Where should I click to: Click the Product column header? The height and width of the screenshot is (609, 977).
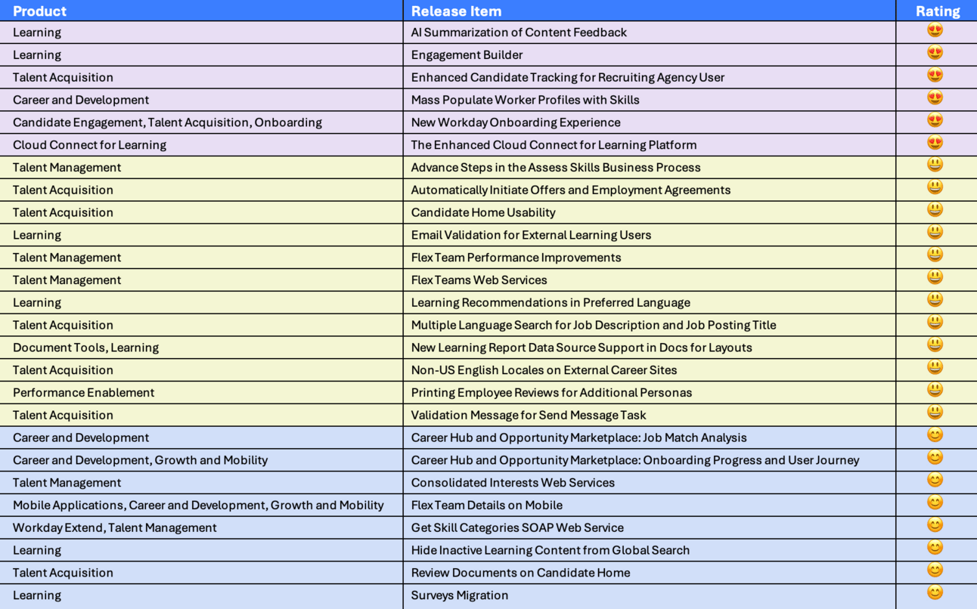pyautogui.click(x=40, y=11)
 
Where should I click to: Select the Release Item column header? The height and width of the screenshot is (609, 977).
pyautogui.click(x=456, y=11)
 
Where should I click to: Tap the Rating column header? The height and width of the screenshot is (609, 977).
pyautogui.click(x=937, y=11)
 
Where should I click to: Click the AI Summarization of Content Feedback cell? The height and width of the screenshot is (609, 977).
pyautogui.click(x=519, y=32)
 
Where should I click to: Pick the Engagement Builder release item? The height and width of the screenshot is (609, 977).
pyautogui.click(x=467, y=55)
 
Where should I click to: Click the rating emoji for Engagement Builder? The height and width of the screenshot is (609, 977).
pyautogui.click(x=935, y=53)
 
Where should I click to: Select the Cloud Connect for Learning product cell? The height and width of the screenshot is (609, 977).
pyautogui.click(x=89, y=145)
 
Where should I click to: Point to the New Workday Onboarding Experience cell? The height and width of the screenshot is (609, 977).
pyautogui.click(x=516, y=122)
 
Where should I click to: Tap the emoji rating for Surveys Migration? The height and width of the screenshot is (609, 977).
pyautogui.click(x=935, y=592)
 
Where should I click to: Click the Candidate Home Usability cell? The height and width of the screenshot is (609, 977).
pyautogui.click(x=483, y=212)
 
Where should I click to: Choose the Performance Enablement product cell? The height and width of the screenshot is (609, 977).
pyautogui.click(x=83, y=393)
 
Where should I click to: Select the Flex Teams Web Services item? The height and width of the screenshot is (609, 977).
pyautogui.click(x=479, y=280)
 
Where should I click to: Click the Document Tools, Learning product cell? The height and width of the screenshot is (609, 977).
pyautogui.click(x=85, y=348)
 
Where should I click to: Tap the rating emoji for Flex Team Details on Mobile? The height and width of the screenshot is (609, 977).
pyautogui.click(x=935, y=502)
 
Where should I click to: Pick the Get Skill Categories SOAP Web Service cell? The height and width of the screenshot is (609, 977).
pyautogui.click(x=517, y=527)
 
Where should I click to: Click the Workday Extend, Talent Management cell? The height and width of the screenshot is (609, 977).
pyautogui.click(x=114, y=527)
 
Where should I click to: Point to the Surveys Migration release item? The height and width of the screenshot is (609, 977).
pyautogui.click(x=459, y=595)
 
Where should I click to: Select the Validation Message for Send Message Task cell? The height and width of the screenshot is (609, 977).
pyautogui.click(x=529, y=415)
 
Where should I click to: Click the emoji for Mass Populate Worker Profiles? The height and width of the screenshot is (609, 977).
pyautogui.click(x=935, y=98)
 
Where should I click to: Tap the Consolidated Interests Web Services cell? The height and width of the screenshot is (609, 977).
pyautogui.click(x=513, y=483)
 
